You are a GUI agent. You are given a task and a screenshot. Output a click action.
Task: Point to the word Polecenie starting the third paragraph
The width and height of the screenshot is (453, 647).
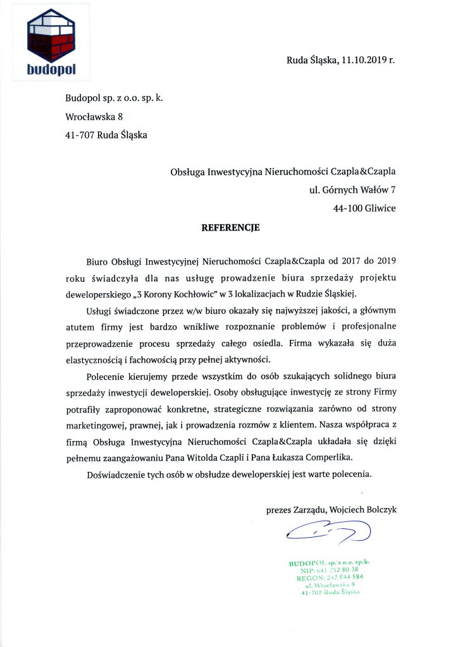click(108, 376)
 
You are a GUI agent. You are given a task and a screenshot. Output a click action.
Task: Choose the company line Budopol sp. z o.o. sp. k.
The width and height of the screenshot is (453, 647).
click(114, 98)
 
